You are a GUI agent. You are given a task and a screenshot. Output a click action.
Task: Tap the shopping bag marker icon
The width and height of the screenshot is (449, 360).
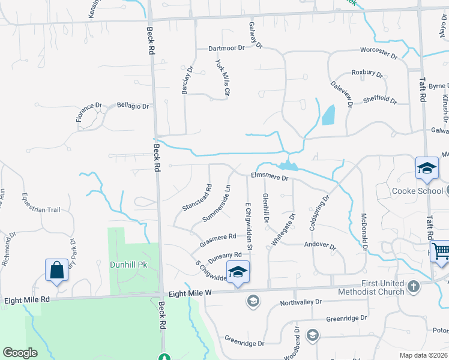tap(57, 270)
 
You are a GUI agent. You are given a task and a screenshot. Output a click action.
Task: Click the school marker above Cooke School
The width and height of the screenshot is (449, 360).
tap(427, 169)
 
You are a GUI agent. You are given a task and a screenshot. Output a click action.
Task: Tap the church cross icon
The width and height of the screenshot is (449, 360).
tap(414, 287)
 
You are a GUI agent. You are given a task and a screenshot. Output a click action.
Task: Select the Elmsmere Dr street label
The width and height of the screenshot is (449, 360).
tap(270, 177)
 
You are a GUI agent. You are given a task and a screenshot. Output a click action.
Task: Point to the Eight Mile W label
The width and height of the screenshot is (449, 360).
tap(190, 293)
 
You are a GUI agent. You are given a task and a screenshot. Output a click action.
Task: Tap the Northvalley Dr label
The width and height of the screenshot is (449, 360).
tap(301, 302)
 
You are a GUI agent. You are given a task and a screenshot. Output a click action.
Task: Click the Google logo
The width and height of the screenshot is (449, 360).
tap(20, 352)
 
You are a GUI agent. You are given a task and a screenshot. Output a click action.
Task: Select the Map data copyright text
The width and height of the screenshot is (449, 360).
tap(424, 355)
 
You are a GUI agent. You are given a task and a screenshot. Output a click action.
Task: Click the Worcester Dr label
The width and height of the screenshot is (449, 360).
tap(379, 53)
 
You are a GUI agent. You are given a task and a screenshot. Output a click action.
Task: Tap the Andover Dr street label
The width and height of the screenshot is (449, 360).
tap(321, 245)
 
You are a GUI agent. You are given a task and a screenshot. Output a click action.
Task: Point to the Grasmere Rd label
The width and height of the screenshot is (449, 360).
tap(218, 241)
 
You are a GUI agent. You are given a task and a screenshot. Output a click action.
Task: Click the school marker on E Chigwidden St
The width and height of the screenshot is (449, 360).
tap(238, 272)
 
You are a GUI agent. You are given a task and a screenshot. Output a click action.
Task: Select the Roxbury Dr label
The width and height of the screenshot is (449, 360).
tap(367, 73)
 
